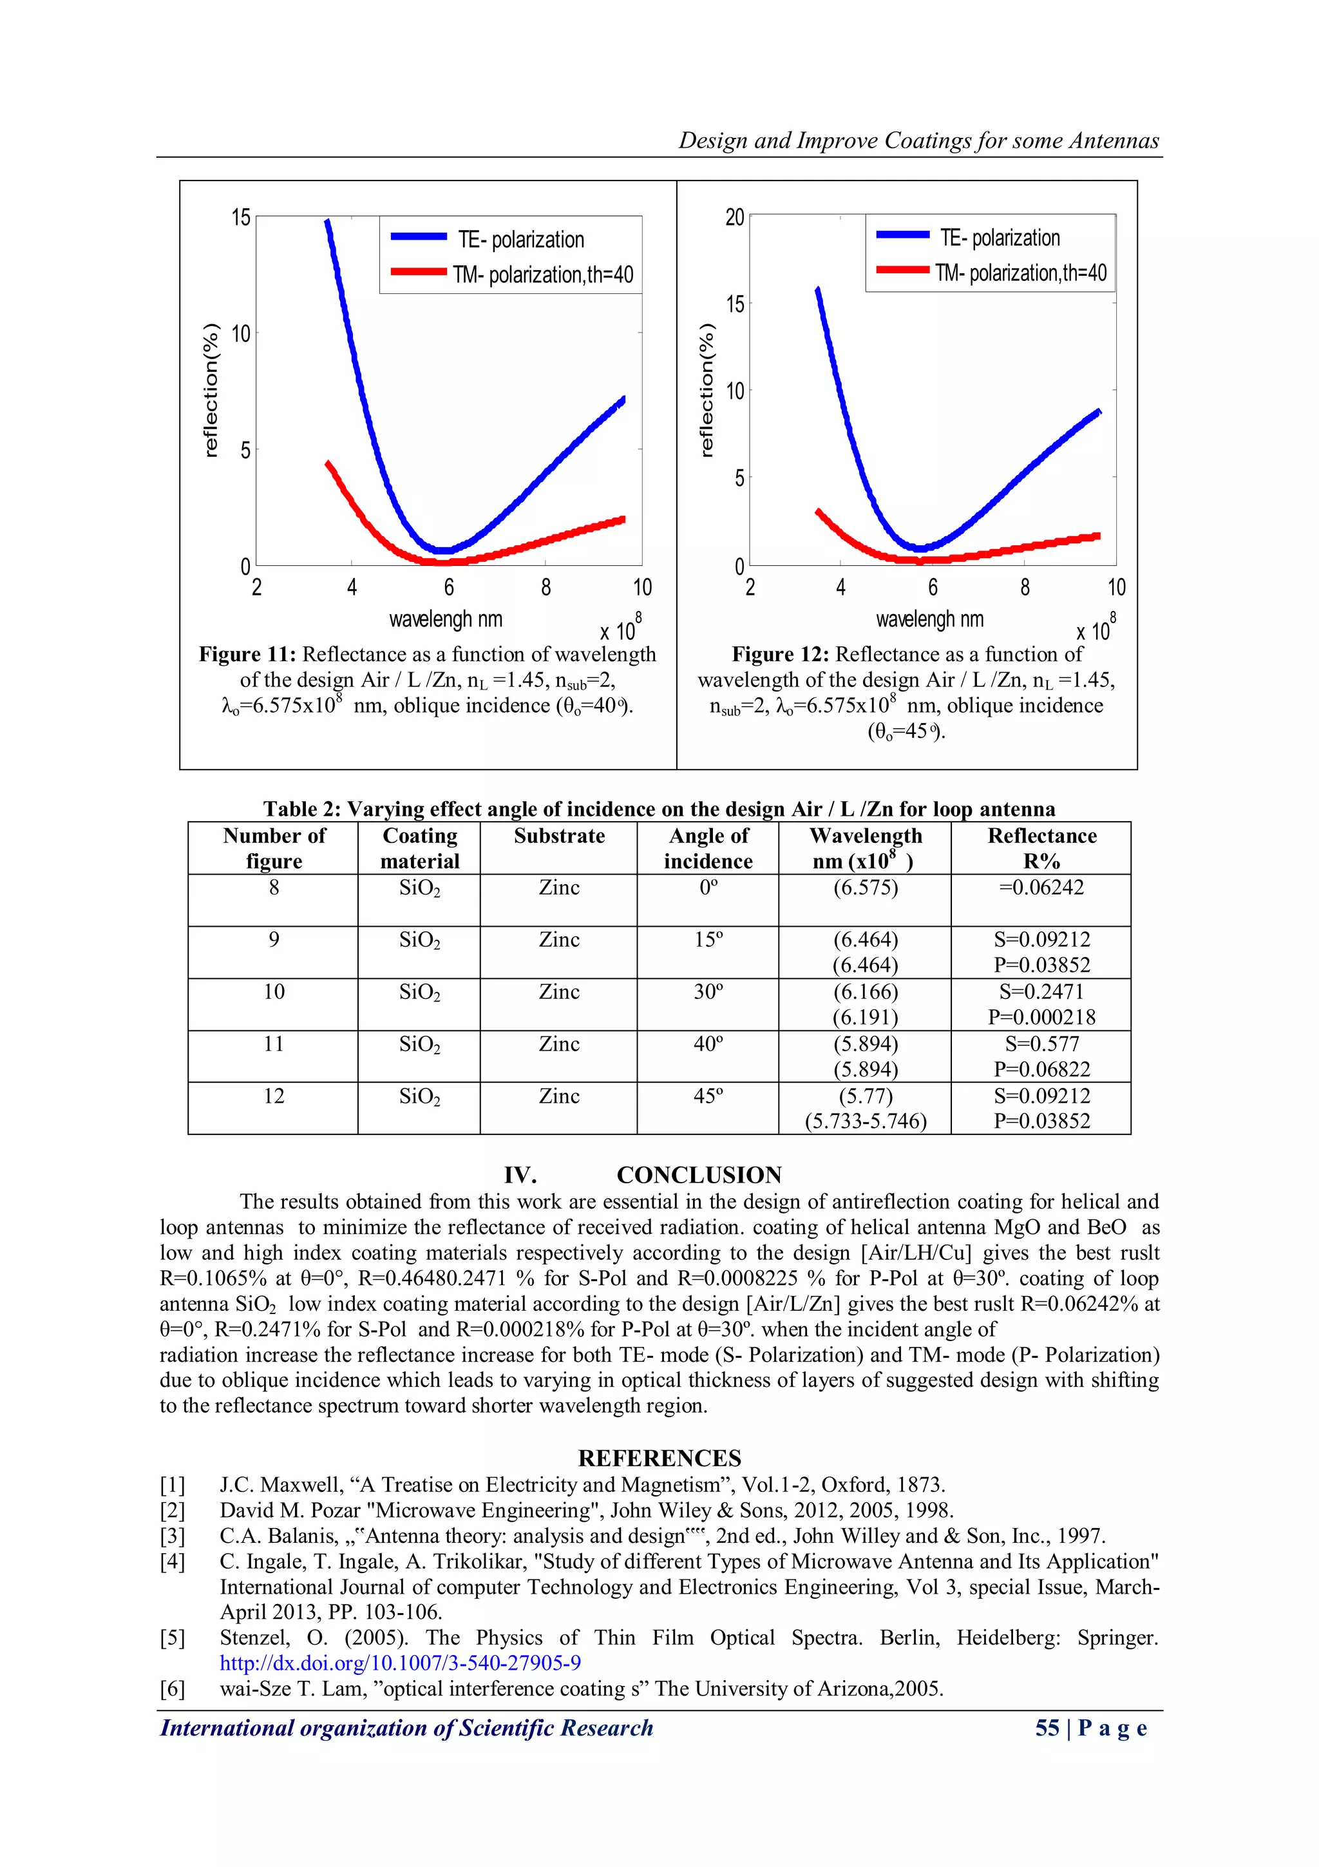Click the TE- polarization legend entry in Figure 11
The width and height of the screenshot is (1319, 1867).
coord(520,240)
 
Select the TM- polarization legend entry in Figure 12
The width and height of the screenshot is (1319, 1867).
coord(1020,273)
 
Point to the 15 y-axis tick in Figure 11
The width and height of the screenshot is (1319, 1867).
coord(242,218)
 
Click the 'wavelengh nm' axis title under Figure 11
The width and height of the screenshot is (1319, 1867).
coord(445,619)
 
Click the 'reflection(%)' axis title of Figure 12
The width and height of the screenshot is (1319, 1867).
coord(707,391)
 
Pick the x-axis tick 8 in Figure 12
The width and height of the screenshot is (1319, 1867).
coord(1025,587)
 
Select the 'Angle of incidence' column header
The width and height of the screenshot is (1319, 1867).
coord(708,848)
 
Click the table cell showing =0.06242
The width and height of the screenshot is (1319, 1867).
coord(1041,887)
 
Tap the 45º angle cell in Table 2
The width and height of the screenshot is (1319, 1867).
coord(708,1096)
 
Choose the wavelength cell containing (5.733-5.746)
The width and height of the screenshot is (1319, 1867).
coord(866,1121)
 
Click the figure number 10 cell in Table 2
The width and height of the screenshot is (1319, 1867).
coord(274,991)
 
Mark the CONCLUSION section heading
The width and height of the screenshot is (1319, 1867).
coord(699,1175)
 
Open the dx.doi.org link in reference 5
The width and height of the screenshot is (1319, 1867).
coord(400,1663)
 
